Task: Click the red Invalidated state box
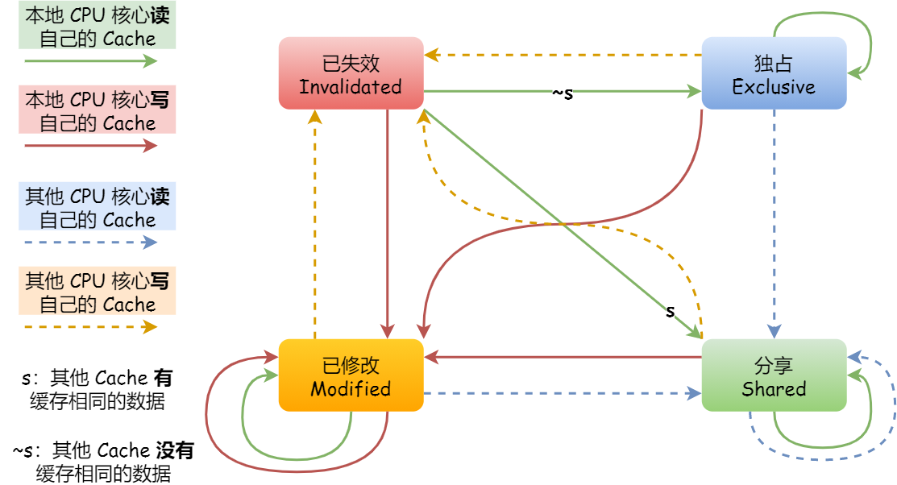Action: click(x=351, y=73)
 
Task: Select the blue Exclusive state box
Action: click(x=774, y=73)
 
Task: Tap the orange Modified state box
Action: click(x=351, y=375)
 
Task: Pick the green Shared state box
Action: click(x=774, y=375)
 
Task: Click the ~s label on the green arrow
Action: click(x=563, y=93)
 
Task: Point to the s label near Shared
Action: click(x=670, y=311)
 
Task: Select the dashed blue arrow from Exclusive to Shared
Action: click(x=774, y=226)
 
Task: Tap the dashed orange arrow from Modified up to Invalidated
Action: click(x=315, y=226)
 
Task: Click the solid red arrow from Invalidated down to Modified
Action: click(x=388, y=226)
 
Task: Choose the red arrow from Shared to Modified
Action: click(x=564, y=356)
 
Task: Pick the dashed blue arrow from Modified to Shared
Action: click(x=564, y=394)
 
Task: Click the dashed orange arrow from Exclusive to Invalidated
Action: click(x=564, y=56)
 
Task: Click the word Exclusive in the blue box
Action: click(x=774, y=87)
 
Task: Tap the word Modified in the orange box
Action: click(x=351, y=388)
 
